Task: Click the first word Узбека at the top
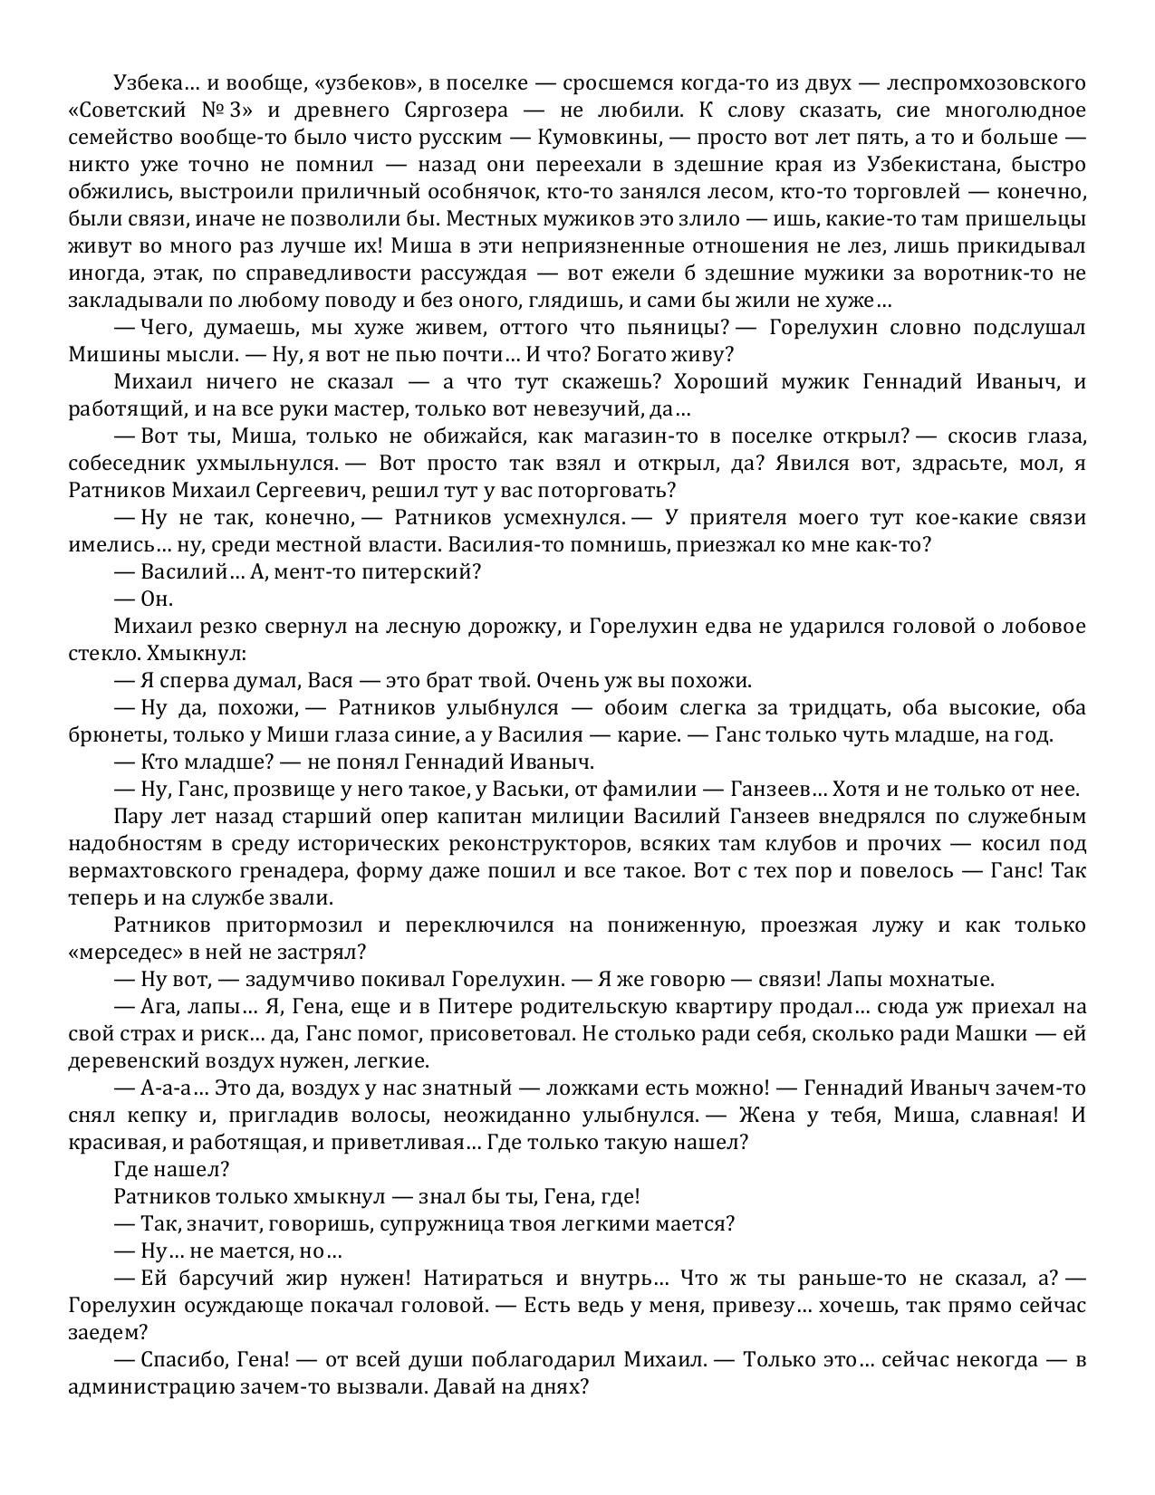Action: [x=146, y=83]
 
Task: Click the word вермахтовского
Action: [x=139, y=871]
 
